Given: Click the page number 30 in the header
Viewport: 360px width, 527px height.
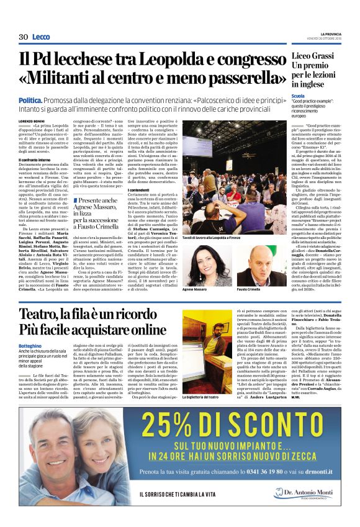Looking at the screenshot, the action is (x=23, y=38).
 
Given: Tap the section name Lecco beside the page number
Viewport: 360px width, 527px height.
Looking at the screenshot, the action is (x=41, y=38).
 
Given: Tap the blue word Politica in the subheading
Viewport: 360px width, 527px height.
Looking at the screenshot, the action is (x=47, y=100).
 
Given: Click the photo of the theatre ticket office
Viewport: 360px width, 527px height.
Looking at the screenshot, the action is (x=205, y=347).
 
